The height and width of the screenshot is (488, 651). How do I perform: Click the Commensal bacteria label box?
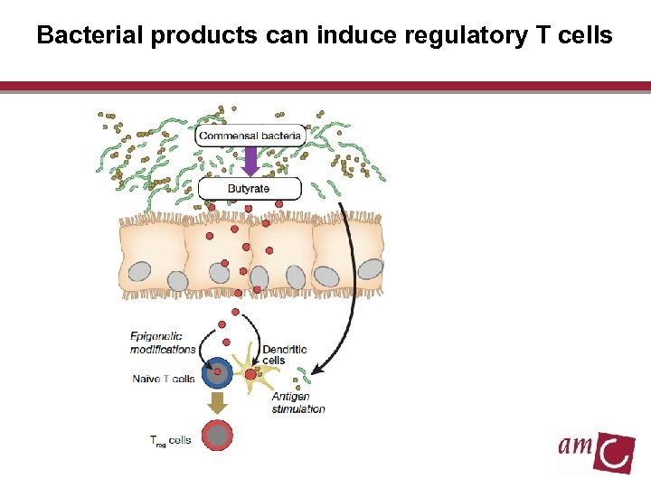250,136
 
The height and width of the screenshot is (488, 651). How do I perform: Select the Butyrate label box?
249,189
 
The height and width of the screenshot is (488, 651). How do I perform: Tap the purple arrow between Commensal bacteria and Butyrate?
250,163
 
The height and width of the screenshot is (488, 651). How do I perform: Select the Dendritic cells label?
284,354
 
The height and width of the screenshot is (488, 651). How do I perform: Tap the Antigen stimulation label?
297,403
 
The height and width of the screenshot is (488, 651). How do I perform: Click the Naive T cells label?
164,379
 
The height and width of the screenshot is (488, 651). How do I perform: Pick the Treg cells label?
171,440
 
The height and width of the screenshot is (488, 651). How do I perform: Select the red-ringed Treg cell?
218,436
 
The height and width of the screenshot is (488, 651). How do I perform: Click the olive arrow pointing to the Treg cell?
217,402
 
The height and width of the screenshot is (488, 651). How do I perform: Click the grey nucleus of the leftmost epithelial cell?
139,272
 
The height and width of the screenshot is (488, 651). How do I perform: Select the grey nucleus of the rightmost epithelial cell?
371,268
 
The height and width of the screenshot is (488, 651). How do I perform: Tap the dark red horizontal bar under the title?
325,87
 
